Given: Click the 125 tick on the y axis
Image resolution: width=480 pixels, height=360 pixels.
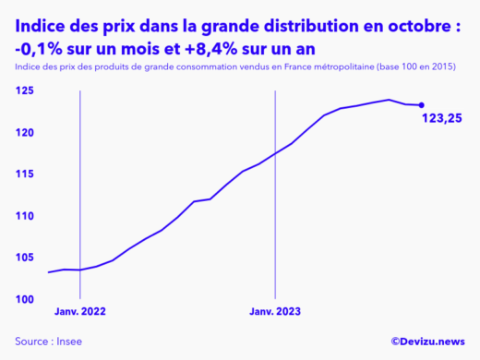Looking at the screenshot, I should (25, 91).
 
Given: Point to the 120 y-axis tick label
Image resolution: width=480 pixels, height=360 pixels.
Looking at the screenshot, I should (25, 133).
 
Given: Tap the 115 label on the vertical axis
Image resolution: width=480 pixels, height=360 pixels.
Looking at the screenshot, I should (25, 174).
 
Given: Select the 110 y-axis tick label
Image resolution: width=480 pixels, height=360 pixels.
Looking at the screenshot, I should (25, 216).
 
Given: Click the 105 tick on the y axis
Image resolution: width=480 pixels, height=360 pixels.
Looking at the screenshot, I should (25, 258).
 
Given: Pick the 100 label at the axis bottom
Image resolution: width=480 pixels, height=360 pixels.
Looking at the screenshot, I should (25, 299).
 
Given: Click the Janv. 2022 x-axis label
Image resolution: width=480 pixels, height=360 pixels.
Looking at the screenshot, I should (81, 312).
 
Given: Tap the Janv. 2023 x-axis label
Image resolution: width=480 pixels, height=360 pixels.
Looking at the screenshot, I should (276, 312).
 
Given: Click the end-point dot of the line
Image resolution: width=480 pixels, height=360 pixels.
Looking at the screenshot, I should (422, 105).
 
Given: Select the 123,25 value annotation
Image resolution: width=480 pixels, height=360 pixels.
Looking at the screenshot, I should (441, 118).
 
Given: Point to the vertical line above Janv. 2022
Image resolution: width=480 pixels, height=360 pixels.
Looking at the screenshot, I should (80, 185).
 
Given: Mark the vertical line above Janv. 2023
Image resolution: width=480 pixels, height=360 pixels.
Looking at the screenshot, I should (276, 185).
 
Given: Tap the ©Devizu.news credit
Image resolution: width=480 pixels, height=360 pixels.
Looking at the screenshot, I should (427, 341).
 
